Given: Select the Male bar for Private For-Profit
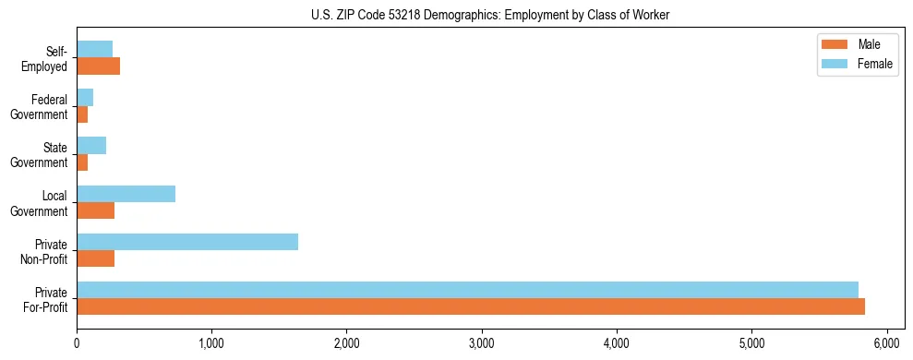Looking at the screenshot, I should pyautogui.click(x=471, y=306).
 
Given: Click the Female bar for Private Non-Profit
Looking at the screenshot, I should pyautogui.click(x=187, y=242).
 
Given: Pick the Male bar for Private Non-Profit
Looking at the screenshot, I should pyautogui.click(x=96, y=258).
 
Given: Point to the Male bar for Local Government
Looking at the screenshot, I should pyautogui.click(x=96, y=210).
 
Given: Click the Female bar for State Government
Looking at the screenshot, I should pyautogui.click(x=91, y=146).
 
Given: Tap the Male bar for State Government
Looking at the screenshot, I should pyautogui.click(x=82, y=162).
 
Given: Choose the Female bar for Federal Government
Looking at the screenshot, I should pyautogui.click(x=85, y=98).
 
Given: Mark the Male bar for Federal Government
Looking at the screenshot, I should pyautogui.click(x=82, y=114).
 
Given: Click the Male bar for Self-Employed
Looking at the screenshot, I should pyautogui.click(x=99, y=66).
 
